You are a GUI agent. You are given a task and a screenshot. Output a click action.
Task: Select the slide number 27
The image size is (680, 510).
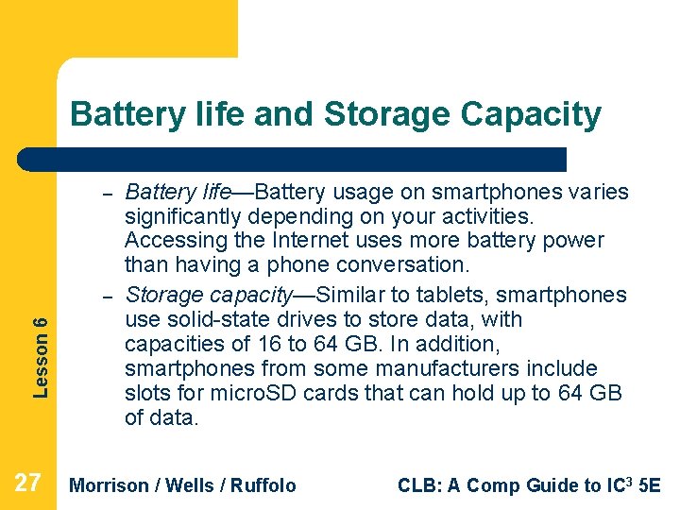point(28,484)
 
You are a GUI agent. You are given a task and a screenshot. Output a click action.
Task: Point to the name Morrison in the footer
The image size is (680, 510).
point(110,485)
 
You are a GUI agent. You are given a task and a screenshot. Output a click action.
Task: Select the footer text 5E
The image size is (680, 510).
point(651,485)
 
